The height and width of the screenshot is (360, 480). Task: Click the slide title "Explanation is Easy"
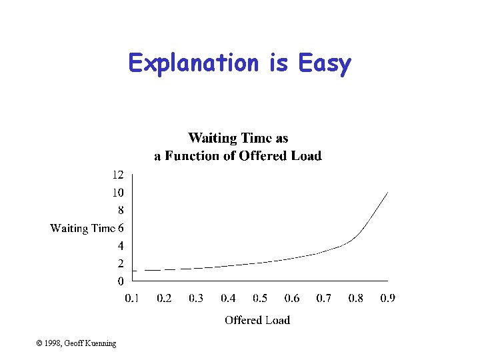[x=239, y=63]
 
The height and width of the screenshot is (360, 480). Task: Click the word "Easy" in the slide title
[x=325, y=63]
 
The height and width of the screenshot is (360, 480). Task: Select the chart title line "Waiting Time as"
[x=238, y=138]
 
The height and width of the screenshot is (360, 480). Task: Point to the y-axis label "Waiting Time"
[x=83, y=228]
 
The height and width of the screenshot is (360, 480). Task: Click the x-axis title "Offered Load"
[x=257, y=320]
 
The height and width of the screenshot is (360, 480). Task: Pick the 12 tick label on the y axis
[x=117, y=175]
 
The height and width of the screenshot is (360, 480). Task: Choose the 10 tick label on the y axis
[x=117, y=193]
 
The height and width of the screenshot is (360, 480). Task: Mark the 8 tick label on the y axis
[x=121, y=210]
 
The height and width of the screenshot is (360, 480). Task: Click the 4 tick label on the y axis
[x=121, y=245]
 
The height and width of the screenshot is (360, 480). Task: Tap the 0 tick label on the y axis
[x=121, y=281]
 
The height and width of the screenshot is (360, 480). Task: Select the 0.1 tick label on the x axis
[x=133, y=298]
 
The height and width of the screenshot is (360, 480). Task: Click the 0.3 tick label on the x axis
[x=196, y=298]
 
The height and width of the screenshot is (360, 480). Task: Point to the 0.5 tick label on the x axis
[x=260, y=298]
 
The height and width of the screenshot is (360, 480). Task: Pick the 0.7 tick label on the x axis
[x=323, y=298]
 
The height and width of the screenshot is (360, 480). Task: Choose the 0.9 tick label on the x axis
[x=387, y=298]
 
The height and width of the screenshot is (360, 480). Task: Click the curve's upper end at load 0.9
[x=387, y=192]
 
